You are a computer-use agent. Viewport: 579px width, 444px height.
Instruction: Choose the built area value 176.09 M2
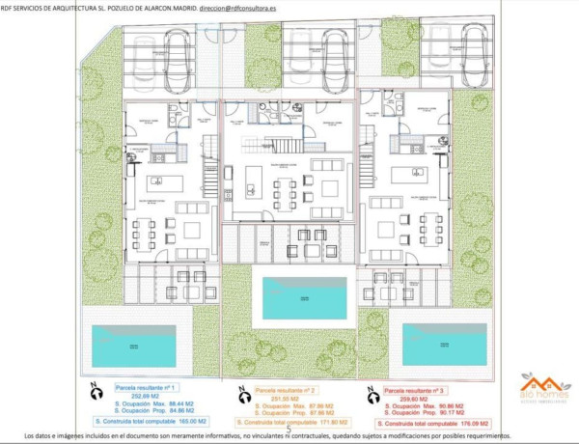click(473, 423)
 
